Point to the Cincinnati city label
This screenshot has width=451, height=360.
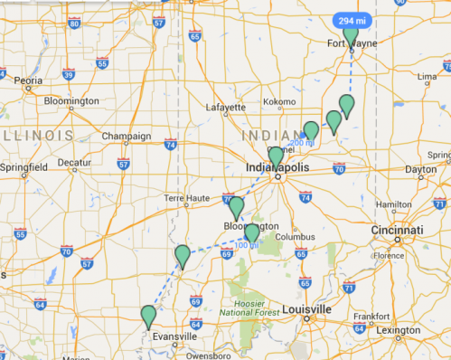click(398, 231)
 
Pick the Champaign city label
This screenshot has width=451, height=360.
click(126, 137)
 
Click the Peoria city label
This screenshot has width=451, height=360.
click(29, 80)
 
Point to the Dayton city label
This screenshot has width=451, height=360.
click(421, 169)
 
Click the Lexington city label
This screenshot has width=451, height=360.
click(399, 330)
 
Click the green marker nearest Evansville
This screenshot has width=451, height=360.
click(148, 317)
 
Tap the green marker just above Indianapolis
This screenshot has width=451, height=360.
click(277, 156)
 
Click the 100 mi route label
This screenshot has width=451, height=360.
click(246, 245)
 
